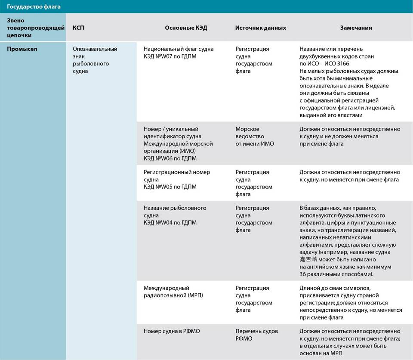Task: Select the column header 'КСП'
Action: [x=79, y=28]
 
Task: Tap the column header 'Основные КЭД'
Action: [x=186, y=28]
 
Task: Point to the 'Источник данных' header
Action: [x=260, y=28]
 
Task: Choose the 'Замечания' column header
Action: [x=356, y=28]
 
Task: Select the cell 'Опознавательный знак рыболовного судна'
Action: [x=95, y=60]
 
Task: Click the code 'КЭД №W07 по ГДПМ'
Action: [x=170, y=56]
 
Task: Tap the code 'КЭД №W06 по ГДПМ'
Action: [x=170, y=158]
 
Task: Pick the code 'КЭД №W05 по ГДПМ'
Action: [x=170, y=187]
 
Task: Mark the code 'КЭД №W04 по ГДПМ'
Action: [x=170, y=223]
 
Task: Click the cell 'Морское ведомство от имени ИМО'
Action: [x=254, y=137]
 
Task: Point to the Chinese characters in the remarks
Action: [x=308, y=260]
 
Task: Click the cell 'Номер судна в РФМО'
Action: [x=172, y=331]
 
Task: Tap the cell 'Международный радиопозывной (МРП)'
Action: [x=173, y=292]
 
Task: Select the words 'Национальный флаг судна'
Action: [x=179, y=49]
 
